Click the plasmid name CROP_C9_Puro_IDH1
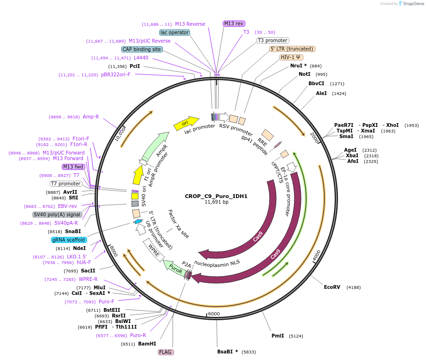tap(216, 196)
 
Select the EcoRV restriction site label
tap(332, 287)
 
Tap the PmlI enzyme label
tap(278, 336)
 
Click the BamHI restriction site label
tap(147, 344)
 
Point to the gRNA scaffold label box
tap(69, 240)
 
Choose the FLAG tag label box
tap(165, 352)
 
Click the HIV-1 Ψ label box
tap(291, 57)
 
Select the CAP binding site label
tap(142, 49)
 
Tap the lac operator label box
tap(175, 32)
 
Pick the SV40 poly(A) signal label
tap(57, 214)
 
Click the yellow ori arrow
tap(186, 123)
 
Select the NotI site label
tap(304, 74)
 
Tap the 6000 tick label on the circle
tap(213, 314)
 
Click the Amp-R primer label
tap(91, 117)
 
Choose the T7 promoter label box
tap(66, 184)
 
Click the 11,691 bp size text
tap(216, 202)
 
